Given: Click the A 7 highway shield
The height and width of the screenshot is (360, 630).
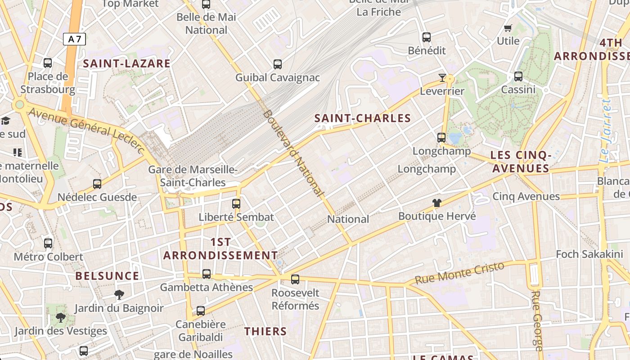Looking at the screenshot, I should tap(74, 39).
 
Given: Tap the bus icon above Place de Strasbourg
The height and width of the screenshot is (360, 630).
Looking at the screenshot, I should tap(48, 63).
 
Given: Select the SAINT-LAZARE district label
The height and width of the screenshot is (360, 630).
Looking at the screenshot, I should tap(127, 63).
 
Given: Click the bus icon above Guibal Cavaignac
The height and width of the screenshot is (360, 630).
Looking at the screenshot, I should tap(278, 64).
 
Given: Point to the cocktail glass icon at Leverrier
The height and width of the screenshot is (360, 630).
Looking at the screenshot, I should tap(442, 78).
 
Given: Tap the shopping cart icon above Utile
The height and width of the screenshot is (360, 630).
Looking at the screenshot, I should tap(508, 28).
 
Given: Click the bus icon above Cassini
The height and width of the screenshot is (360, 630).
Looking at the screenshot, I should tap(518, 76).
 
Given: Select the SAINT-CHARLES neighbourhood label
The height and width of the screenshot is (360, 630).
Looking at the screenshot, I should tap(363, 118).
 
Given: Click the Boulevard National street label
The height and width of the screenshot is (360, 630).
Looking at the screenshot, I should tap(293, 153).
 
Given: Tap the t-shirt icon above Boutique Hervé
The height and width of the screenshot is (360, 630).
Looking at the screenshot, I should tap(436, 203).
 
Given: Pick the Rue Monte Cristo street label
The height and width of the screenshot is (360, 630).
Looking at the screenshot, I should tap(459, 273).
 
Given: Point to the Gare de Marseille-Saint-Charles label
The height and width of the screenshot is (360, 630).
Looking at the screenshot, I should tap(193, 176).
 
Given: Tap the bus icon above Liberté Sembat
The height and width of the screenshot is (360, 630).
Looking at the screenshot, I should tap(236, 203).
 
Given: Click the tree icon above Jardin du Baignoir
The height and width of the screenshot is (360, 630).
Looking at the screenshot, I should tap(119, 295).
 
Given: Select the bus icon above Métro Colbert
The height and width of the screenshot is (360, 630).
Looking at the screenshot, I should tap(48, 243).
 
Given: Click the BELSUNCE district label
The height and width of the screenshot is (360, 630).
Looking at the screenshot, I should tap(107, 276).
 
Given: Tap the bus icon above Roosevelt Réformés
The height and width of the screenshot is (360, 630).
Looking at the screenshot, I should tap(295, 279).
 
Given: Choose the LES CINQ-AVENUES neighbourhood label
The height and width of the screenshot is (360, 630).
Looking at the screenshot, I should tap(521, 162).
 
